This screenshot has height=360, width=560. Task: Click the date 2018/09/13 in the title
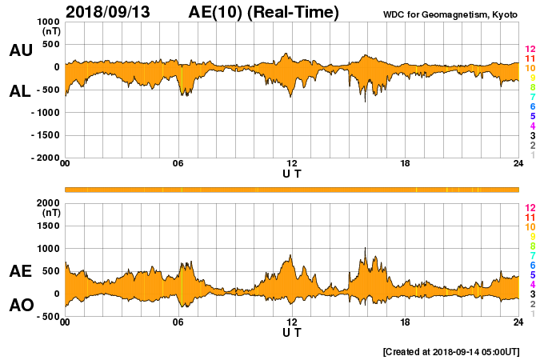(x=111, y=12)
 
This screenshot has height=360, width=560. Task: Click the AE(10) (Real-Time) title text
(x=263, y=12)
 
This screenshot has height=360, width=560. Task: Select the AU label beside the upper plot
(x=21, y=50)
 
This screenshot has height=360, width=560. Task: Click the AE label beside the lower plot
(x=21, y=271)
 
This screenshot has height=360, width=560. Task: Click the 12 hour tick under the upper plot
(x=292, y=164)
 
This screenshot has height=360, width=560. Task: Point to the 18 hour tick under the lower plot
(x=406, y=322)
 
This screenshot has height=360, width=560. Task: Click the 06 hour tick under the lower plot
(x=178, y=322)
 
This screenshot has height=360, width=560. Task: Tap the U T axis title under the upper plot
(x=292, y=174)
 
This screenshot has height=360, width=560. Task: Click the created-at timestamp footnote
(x=450, y=351)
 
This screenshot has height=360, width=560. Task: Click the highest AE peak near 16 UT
(x=365, y=249)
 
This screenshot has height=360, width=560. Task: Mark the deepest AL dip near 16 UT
(x=365, y=102)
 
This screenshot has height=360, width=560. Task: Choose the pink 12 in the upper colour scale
(x=530, y=50)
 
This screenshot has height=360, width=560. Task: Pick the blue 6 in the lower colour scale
(x=530, y=265)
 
